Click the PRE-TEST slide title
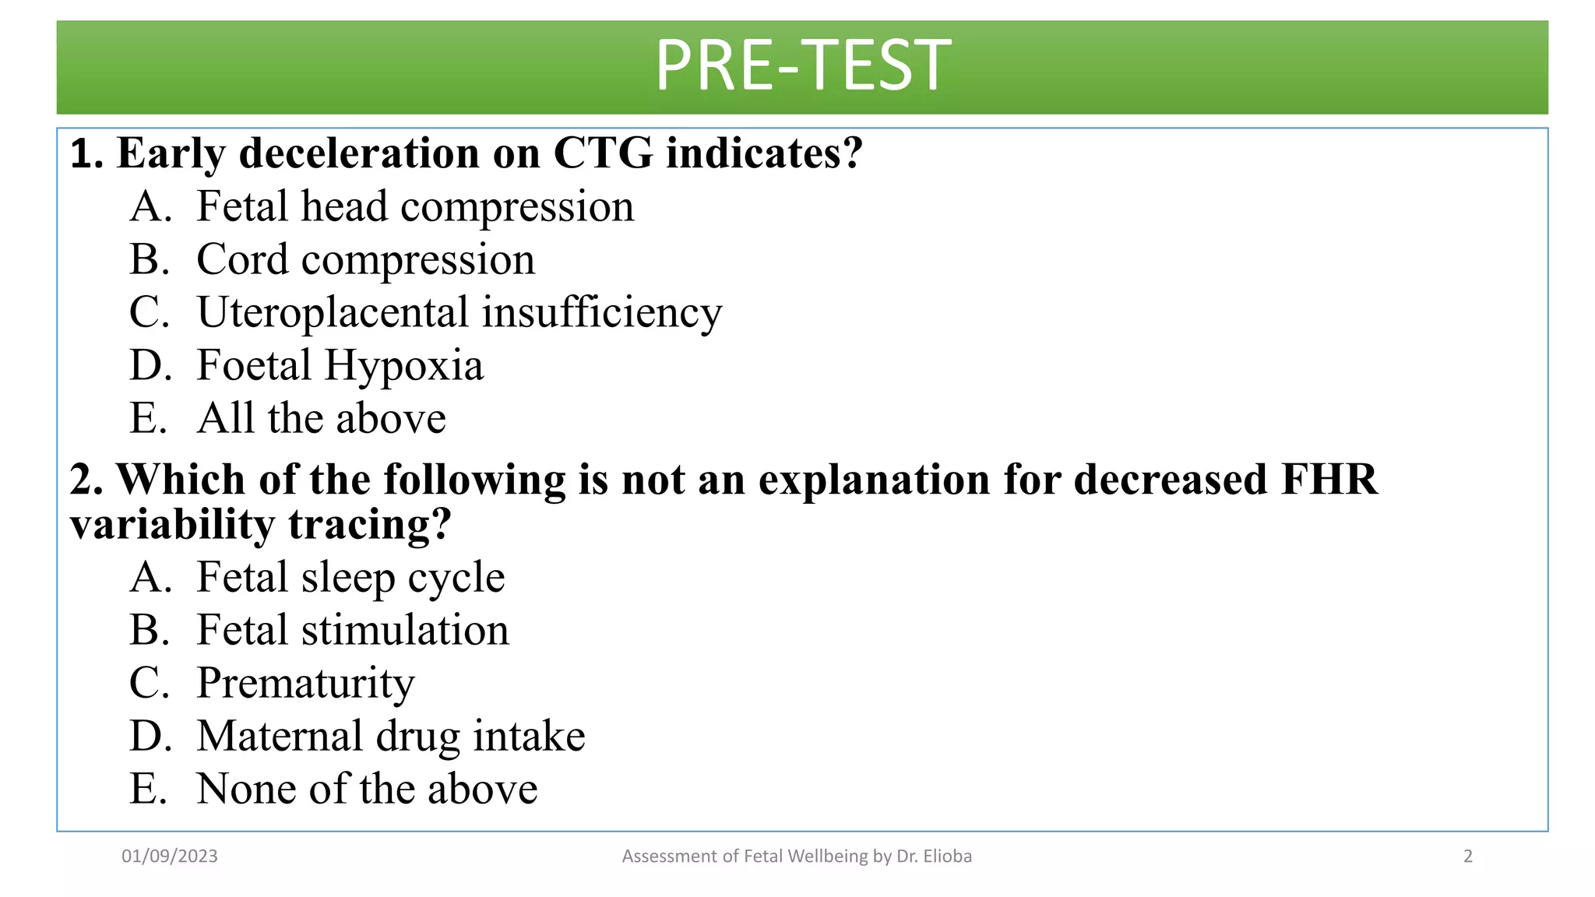pyautogui.click(x=802, y=65)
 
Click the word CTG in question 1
pyautogui.click(x=603, y=153)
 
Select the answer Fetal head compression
pyautogui.click(x=414, y=207)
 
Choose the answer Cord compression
pyautogui.click(x=365, y=260)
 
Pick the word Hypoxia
pyautogui.click(x=403, y=366)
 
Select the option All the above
pyautogui.click(x=321, y=419)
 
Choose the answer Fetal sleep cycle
pyautogui.click(x=350, y=578)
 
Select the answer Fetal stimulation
pyautogui.click(x=352, y=631)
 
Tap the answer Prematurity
pyautogui.click(x=305, y=684)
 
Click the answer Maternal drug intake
pyautogui.click(x=390, y=737)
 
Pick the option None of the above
pyautogui.click(x=367, y=790)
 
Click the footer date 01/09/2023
pyautogui.click(x=170, y=857)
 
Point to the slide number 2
pyautogui.click(x=1468, y=857)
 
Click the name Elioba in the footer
pyautogui.click(x=947, y=857)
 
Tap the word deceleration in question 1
pyautogui.click(x=359, y=153)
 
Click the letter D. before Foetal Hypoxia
pyautogui.click(x=150, y=366)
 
